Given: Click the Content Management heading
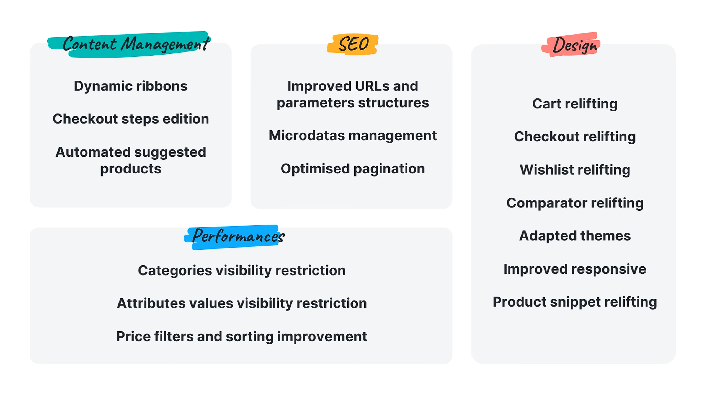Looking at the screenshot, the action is pyautogui.click(x=136, y=44).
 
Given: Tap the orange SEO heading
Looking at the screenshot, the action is pyautogui.click(x=353, y=44).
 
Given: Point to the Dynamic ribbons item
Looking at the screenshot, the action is pyautogui.click(x=131, y=86).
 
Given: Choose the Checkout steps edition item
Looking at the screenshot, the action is pyautogui.click(x=131, y=119).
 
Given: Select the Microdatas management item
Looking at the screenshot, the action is pyautogui.click(x=353, y=136).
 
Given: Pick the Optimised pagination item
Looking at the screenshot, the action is pyautogui.click(x=353, y=169).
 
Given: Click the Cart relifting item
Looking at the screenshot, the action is pyautogui.click(x=575, y=104).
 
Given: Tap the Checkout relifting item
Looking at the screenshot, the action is pyautogui.click(x=575, y=137).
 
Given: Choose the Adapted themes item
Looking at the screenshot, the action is pyautogui.click(x=575, y=236).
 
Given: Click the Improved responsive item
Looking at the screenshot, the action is pyautogui.click(x=575, y=269).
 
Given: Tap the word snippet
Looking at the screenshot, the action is pyautogui.click(x=575, y=302).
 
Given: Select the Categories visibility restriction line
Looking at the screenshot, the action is pyautogui.click(x=242, y=271).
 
